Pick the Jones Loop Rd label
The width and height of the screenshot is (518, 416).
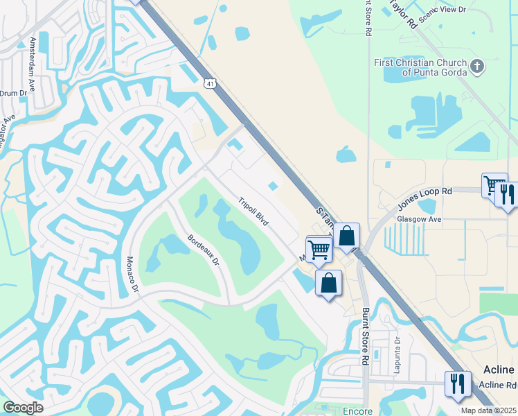[x=424, y=198]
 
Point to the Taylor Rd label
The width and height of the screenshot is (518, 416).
[x=403, y=13]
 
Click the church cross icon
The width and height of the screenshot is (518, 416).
[x=476, y=67]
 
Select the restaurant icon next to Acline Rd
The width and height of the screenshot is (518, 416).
[x=458, y=383]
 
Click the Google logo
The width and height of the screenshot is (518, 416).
[x=24, y=407]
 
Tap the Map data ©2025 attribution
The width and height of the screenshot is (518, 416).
[x=489, y=410]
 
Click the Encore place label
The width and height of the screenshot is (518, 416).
[x=357, y=411]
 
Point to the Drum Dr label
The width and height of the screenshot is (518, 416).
[x=12, y=92]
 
